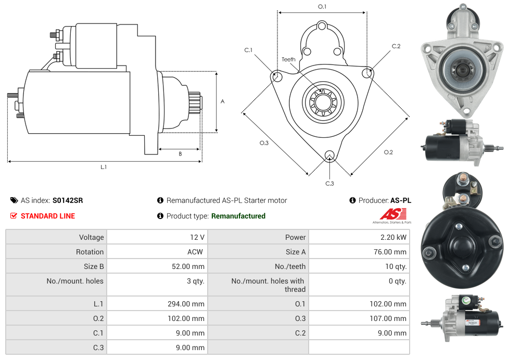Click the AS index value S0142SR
tap(68, 200)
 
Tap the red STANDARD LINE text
tap(47, 216)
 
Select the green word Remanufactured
tap(238, 216)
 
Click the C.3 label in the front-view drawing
tap(329, 183)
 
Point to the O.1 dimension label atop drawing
tap(322, 7)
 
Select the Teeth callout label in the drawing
tap(288, 59)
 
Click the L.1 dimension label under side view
tap(104, 167)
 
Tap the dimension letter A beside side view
tap(223, 101)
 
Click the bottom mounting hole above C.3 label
tap(329, 155)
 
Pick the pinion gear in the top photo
tap(460, 68)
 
